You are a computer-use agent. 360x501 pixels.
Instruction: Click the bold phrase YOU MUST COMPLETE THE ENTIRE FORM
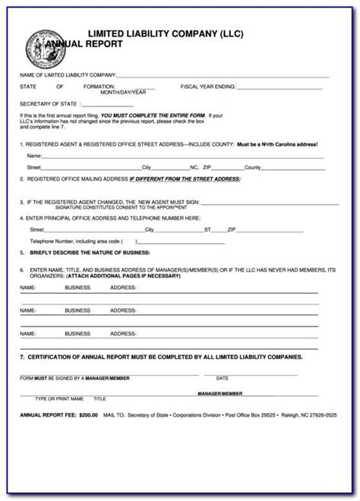point(137,115)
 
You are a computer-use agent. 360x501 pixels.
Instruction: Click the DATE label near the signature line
point(222,377)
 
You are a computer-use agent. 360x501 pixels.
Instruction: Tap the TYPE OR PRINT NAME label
point(61,398)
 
